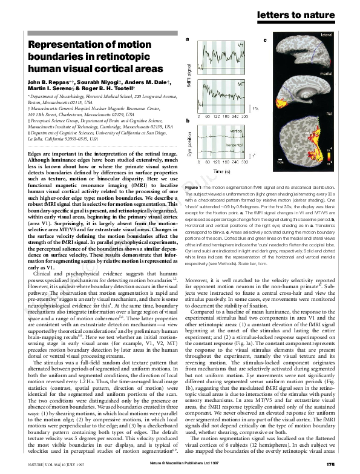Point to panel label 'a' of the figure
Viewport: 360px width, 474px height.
tap(188, 40)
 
